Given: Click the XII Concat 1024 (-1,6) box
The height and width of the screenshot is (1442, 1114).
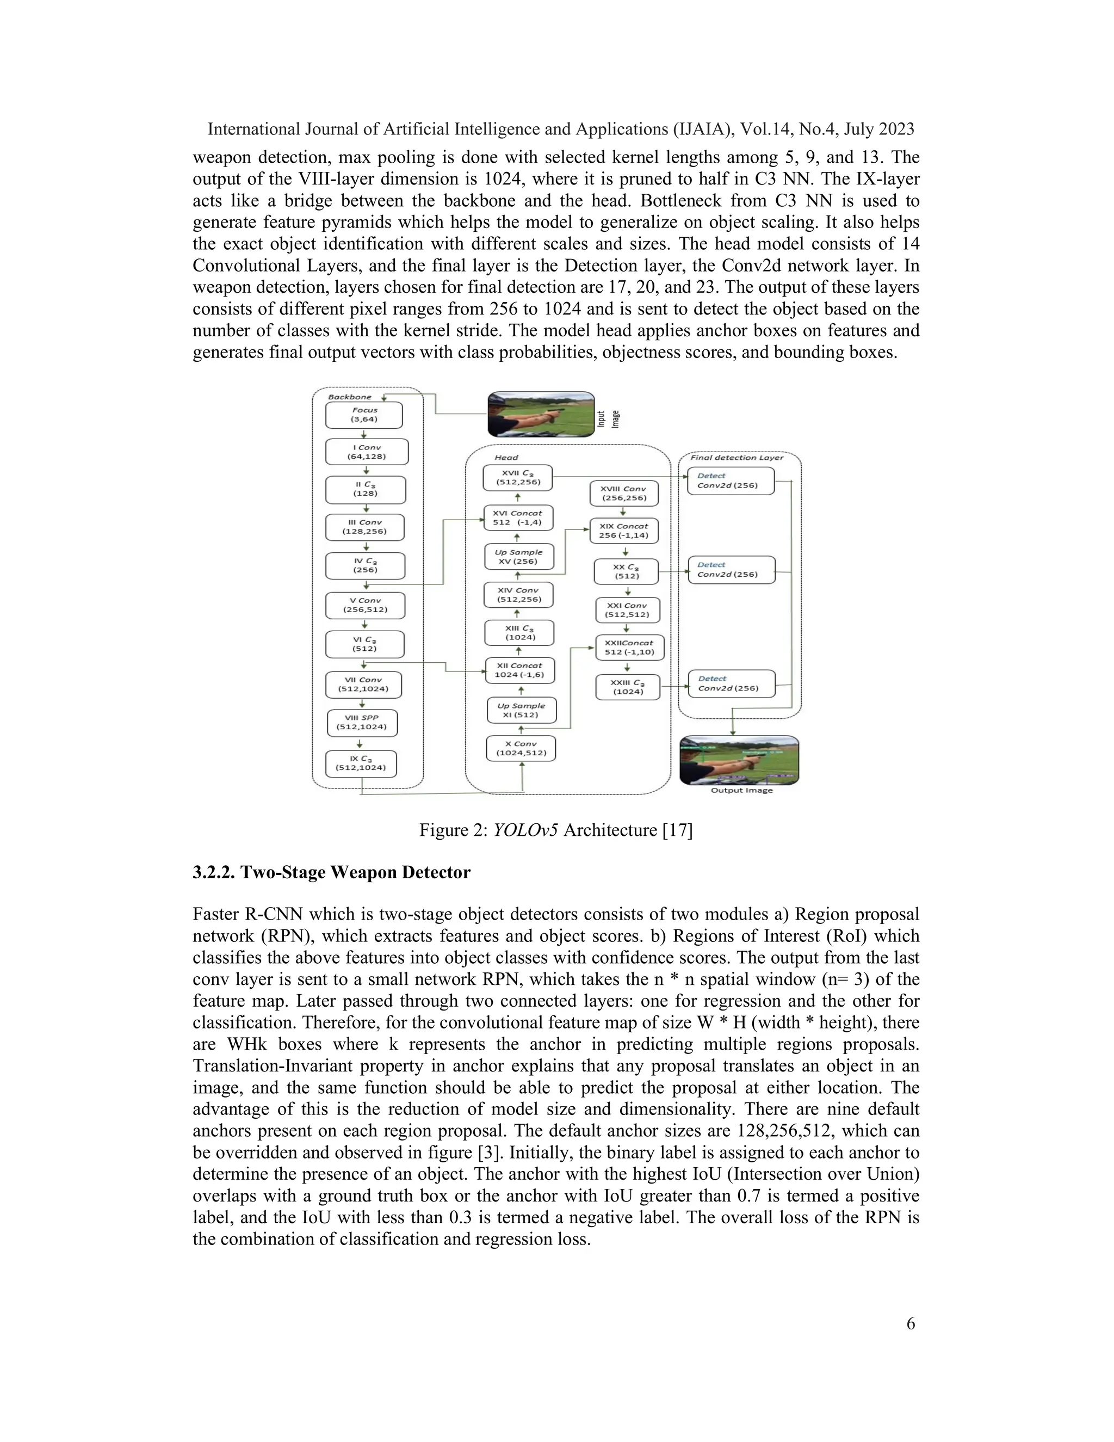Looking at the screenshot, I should point(519,670).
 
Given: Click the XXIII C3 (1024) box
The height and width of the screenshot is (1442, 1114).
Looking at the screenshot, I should point(627,687).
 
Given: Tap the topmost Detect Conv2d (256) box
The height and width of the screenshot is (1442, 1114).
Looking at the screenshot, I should point(730,480).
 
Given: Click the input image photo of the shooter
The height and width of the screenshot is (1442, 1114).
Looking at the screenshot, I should point(541,414).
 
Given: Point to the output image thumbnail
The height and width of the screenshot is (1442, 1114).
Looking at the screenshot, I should point(739,760).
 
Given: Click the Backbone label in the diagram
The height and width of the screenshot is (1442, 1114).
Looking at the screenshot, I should point(349,397).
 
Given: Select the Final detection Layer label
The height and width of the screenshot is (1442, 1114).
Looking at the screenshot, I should point(737,458).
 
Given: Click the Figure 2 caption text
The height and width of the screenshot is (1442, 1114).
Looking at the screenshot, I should point(556,830).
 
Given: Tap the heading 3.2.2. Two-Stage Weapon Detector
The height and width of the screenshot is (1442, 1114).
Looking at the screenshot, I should point(331,872).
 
